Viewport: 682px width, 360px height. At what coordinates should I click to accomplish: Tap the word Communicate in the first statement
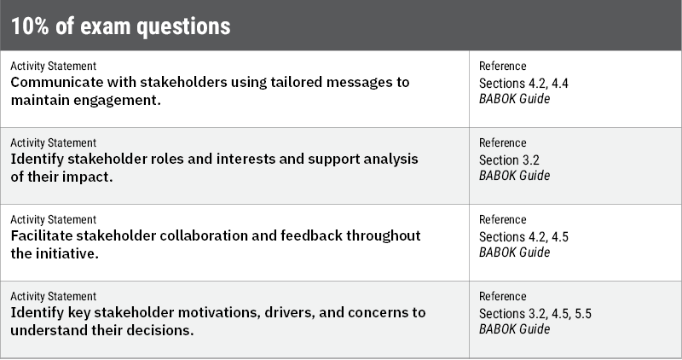(56, 83)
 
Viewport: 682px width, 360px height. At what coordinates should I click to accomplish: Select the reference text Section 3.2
(510, 160)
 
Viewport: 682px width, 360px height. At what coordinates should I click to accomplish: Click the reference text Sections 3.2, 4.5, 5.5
(535, 313)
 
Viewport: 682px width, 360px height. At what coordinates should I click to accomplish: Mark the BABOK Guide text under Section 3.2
(514, 176)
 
